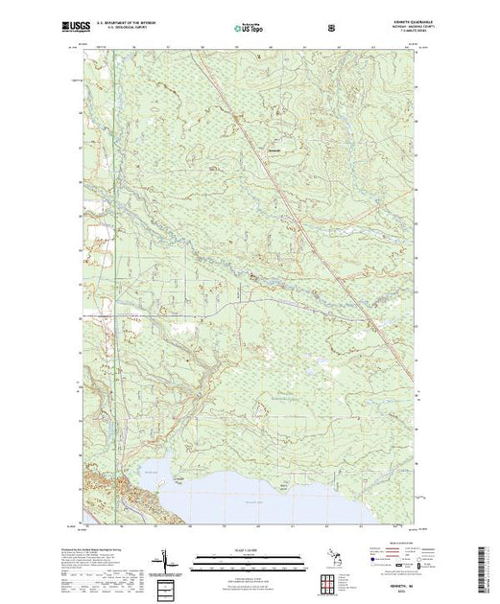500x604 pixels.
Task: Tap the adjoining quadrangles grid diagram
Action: coord(332,580)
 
